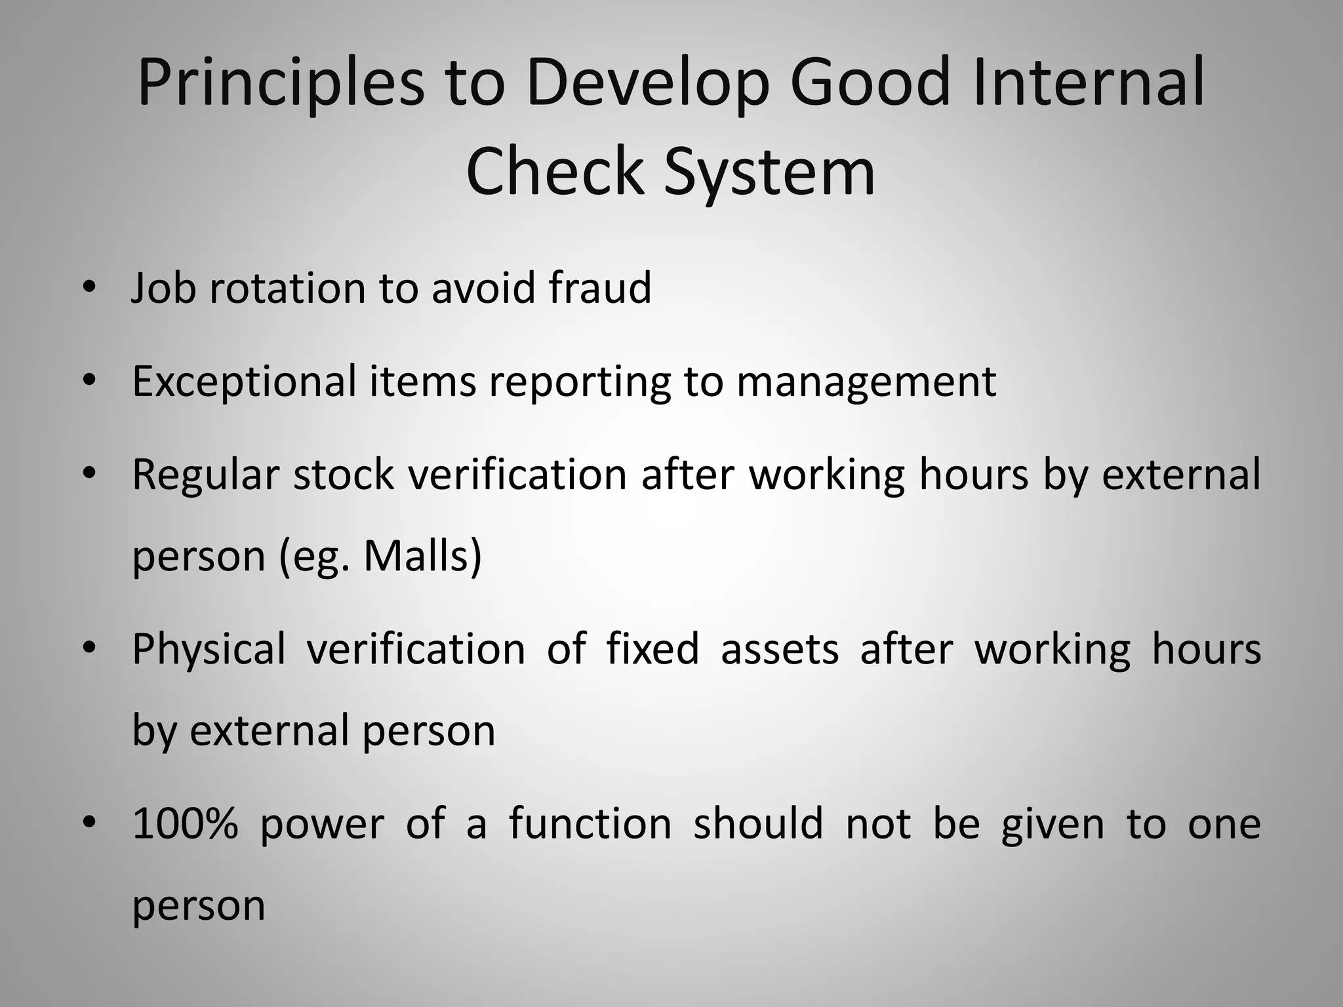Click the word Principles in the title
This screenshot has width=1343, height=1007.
point(281,84)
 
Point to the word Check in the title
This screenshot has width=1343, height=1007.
point(555,172)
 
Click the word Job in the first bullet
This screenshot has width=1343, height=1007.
point(163,288)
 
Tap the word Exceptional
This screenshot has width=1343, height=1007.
point(243,382)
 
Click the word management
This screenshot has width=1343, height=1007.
point(866,382)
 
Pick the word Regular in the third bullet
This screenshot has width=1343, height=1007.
point(205,475)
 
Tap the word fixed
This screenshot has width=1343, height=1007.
point(652,649)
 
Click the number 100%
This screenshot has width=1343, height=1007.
point(184,824)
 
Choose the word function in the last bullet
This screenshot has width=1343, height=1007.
point(590,824)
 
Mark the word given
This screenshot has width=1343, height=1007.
point(1052,825)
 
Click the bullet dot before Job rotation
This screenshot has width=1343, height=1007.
point(90,286)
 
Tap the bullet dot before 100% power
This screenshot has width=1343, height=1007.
point(90,822)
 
